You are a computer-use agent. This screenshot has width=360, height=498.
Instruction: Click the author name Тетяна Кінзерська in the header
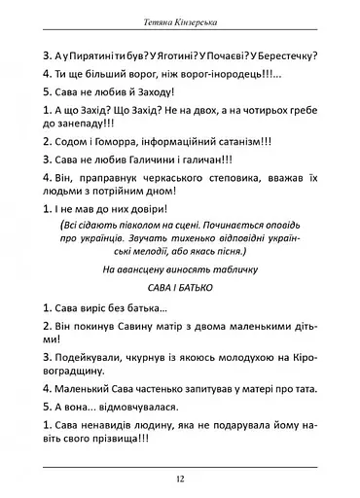click(x=180, y=20)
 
